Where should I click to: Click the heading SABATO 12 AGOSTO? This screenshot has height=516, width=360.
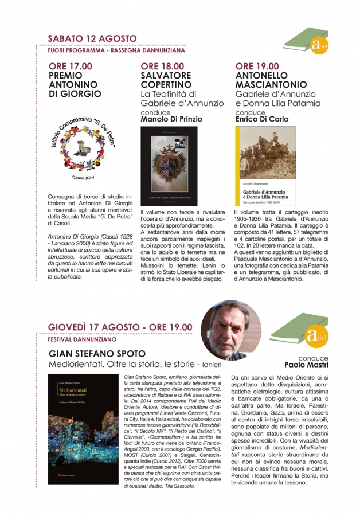92,38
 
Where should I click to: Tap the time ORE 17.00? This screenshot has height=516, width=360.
71,67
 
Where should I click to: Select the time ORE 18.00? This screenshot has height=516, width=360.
163,67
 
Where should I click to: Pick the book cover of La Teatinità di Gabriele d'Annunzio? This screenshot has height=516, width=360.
169,167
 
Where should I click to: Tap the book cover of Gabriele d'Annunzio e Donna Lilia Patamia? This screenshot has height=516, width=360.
265,166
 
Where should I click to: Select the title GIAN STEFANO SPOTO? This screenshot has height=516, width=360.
94,353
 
